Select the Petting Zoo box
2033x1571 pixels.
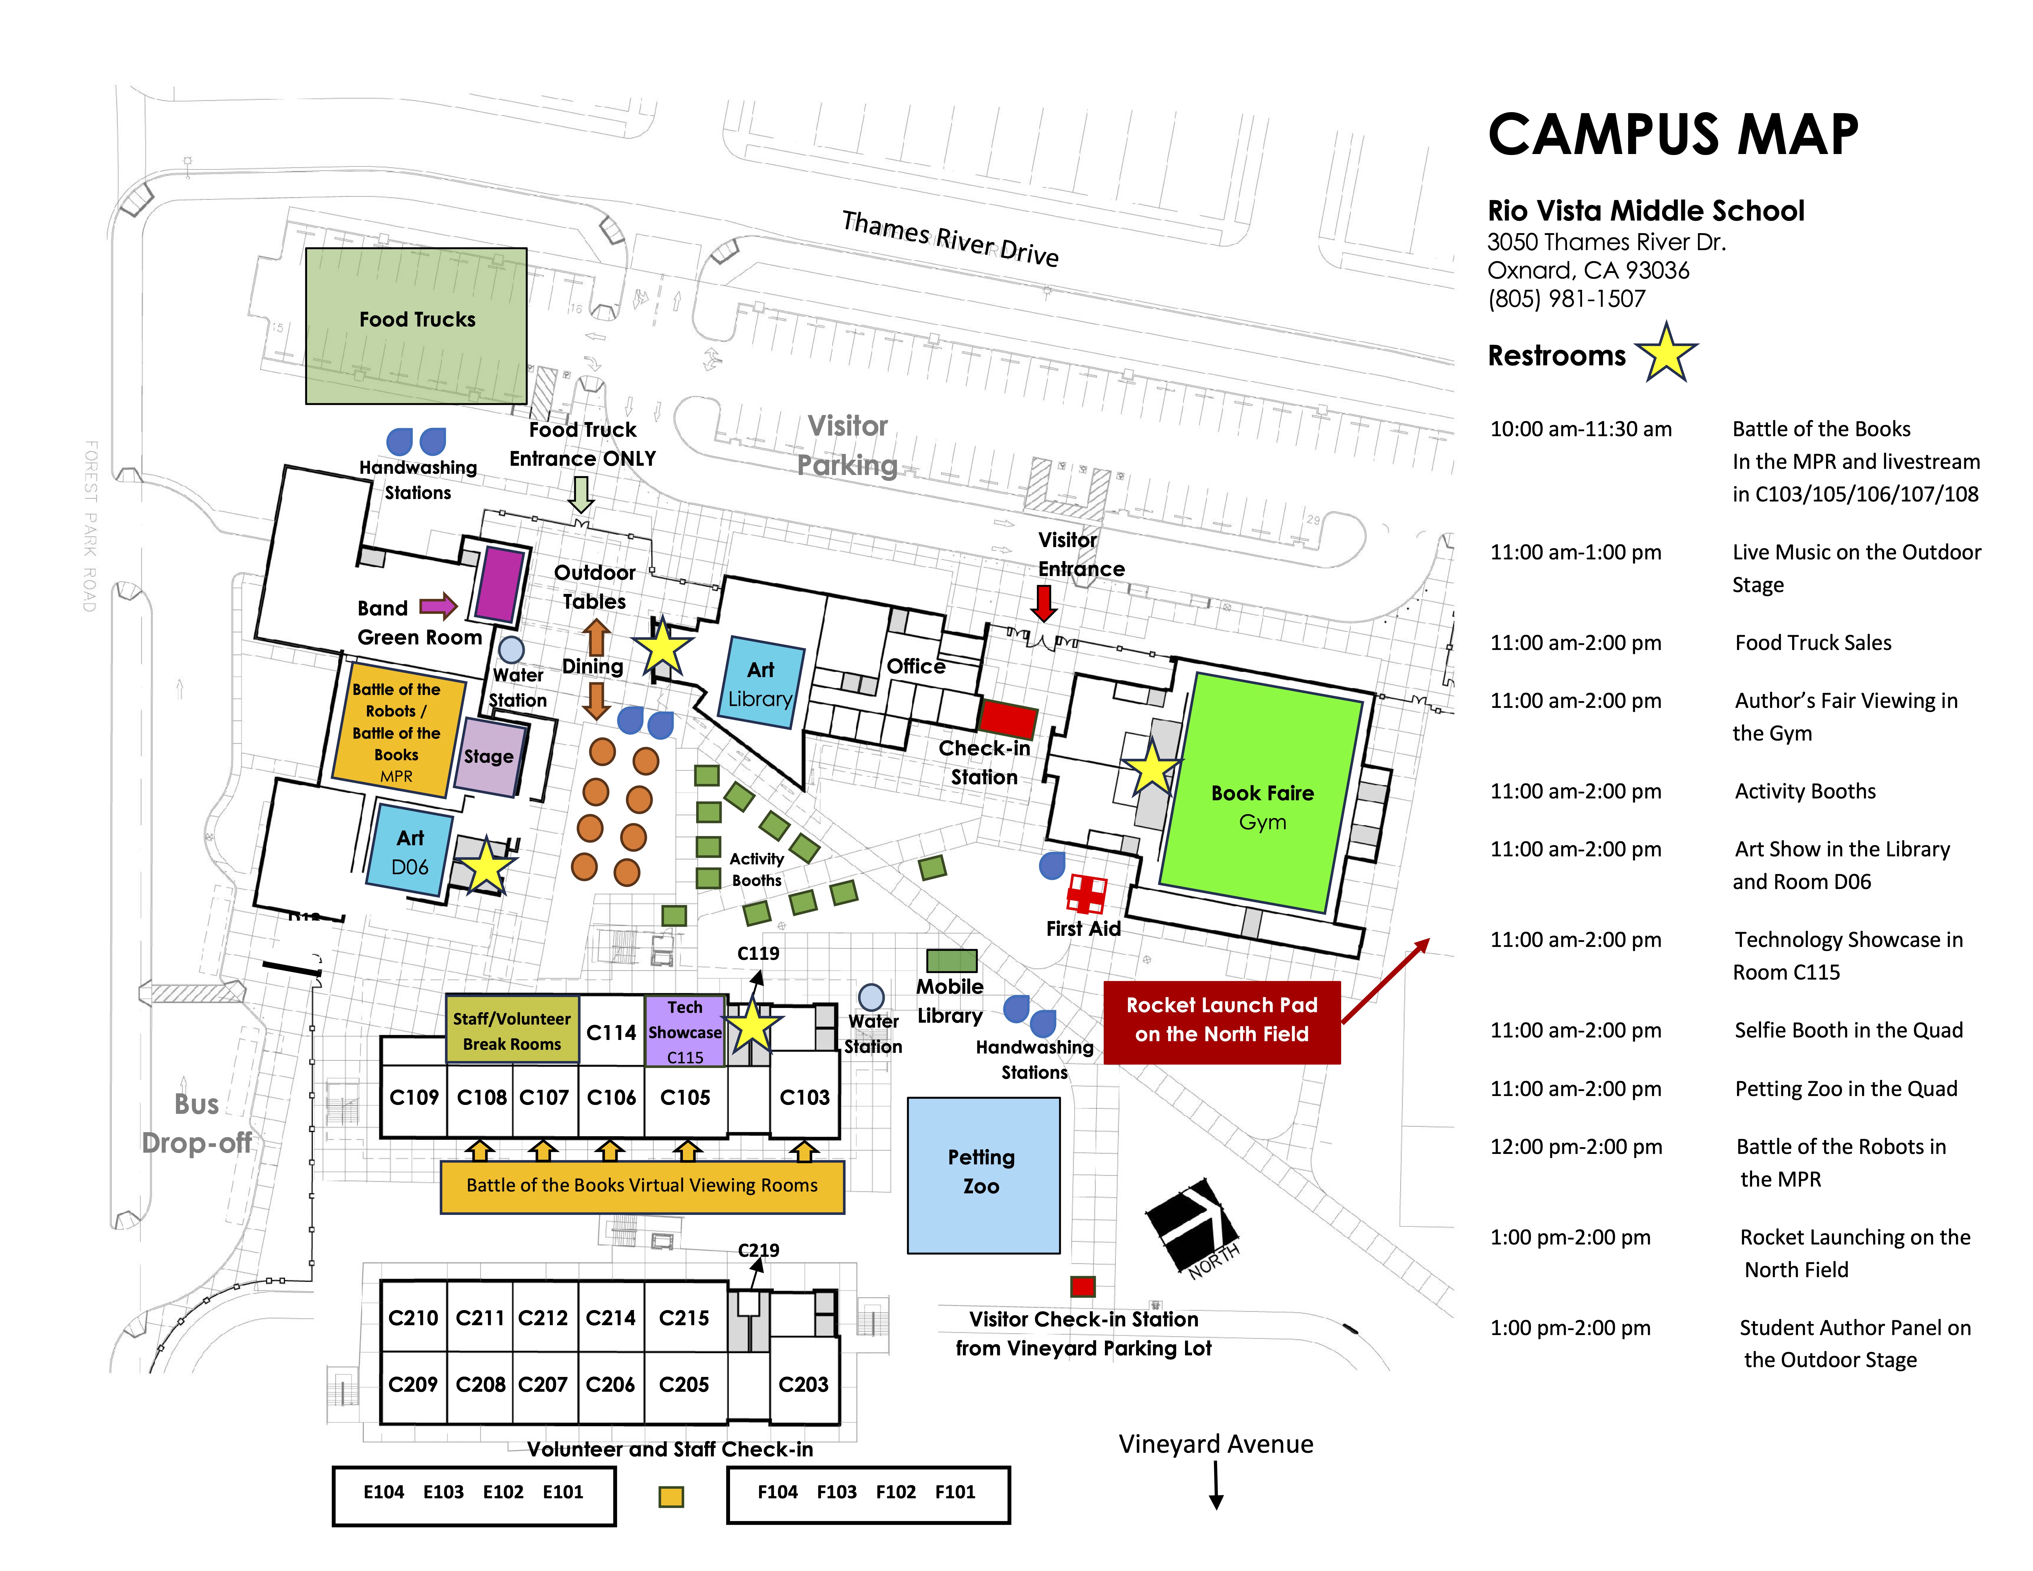tap(983, 1175)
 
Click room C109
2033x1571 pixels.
tap(413, 1098)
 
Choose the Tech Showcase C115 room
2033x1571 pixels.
tap(685, 1031)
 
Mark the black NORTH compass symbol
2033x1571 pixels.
tap(1191, 1223)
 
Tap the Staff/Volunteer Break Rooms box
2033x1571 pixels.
tap(512, 1030)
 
